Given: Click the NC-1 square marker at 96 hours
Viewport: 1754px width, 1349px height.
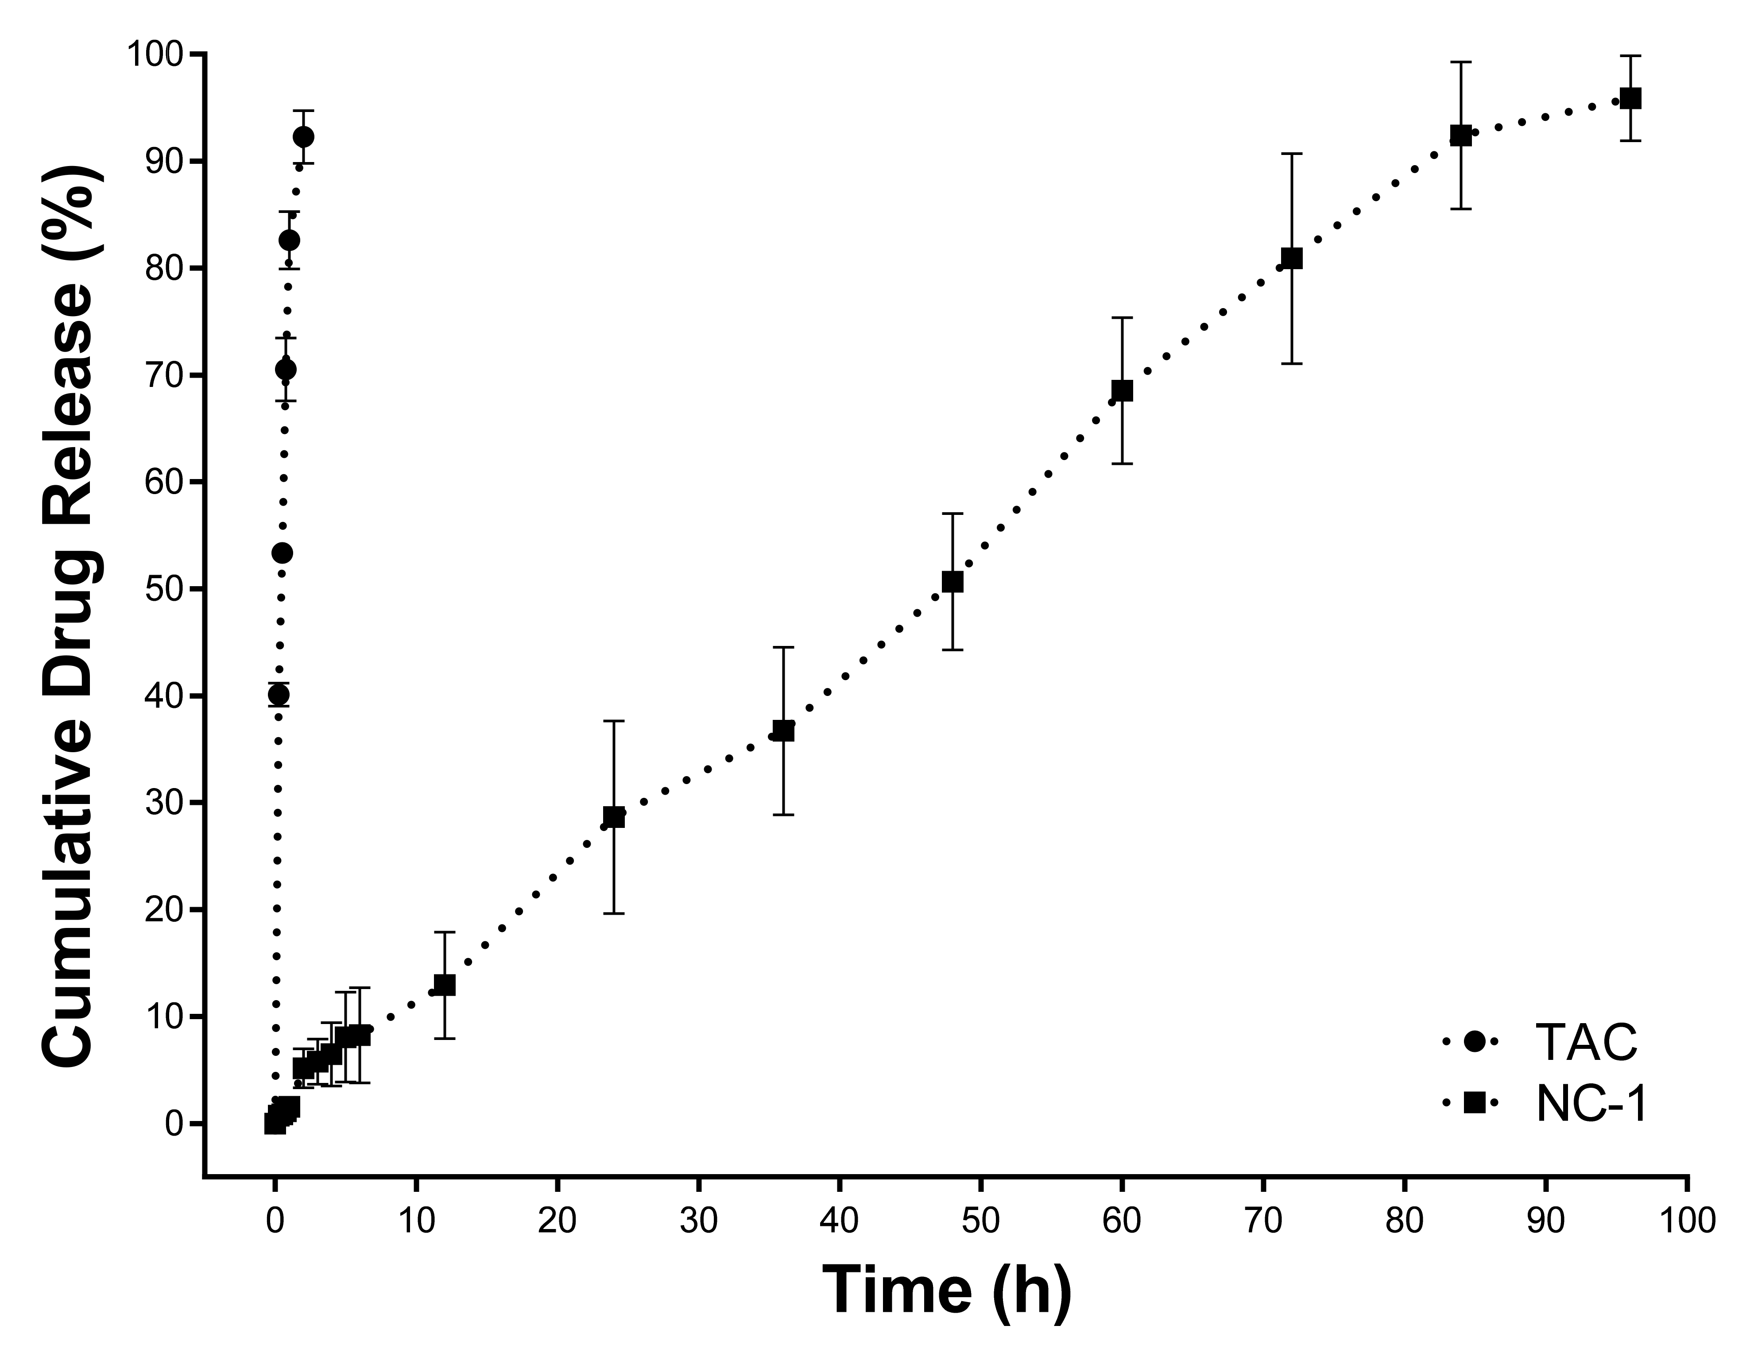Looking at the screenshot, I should (1630, 99).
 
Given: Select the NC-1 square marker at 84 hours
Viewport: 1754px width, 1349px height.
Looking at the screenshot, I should (1460, 136).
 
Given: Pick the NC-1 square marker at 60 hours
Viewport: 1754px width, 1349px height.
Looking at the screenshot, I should (1122, 390).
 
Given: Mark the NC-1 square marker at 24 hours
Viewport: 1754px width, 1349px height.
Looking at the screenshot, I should (614, 817).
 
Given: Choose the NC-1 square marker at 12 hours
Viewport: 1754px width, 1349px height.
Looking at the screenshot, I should (444, 985).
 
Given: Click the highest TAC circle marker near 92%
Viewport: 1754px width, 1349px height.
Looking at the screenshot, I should (304, 136).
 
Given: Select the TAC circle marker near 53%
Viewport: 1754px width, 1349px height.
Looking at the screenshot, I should (283, 553).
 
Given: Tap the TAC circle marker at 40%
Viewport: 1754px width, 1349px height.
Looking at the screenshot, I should (279, 695).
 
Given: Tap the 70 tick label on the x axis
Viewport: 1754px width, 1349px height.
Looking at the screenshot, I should (1262, 1221).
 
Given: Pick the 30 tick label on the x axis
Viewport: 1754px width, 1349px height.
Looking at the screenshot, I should (698, 1221).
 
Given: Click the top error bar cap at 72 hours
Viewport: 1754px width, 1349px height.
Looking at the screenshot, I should (1291, 153).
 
